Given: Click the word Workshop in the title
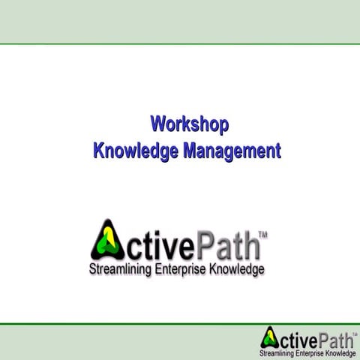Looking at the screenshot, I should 190,124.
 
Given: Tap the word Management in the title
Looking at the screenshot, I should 231,151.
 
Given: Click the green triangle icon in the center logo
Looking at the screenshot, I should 107,239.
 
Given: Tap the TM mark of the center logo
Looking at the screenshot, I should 262,235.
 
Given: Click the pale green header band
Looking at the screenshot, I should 180,21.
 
